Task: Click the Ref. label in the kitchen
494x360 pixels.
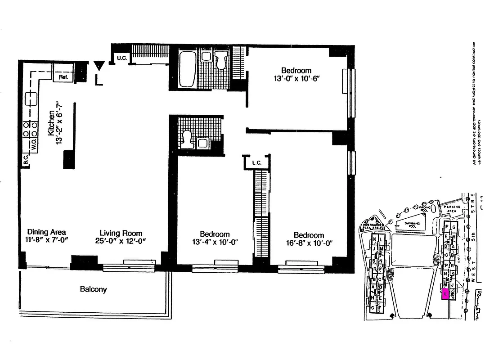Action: point(63,77)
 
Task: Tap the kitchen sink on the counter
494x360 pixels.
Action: point(31,98)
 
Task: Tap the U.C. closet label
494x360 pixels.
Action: point(121,58)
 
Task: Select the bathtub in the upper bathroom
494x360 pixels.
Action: point(187,69)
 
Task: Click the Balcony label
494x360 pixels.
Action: point(93,289)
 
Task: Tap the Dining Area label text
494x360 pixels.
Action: point(46,233)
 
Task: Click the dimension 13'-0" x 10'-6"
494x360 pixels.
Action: point(296,79)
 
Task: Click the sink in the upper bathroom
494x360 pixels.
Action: point(207,56)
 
